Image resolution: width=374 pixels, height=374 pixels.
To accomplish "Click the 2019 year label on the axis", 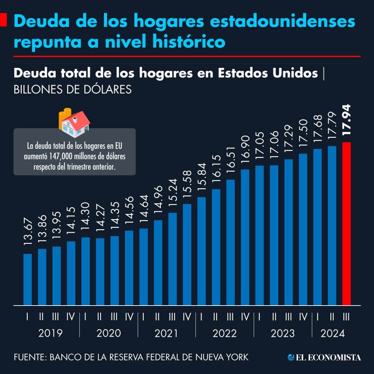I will pos(50,333).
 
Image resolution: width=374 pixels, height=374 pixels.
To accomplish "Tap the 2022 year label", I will pos(224,333).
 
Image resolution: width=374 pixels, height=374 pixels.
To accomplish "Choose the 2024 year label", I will pos(332,333).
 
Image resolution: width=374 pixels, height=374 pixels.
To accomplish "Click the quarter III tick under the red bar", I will pos(346,317).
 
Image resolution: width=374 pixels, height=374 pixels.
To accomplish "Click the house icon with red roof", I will pos(76,125).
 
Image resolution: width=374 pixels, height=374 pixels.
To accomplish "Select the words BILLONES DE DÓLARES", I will pos(73,90).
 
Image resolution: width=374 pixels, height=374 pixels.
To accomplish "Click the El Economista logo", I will pos(324,357).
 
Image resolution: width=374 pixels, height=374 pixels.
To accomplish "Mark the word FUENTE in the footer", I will pos(29,357).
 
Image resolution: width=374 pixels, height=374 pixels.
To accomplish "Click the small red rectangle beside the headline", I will pos(3,21).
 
